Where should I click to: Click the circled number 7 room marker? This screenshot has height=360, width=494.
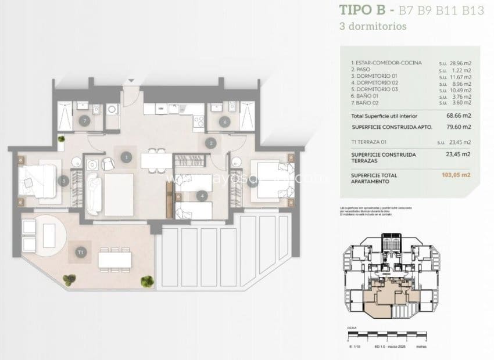[x=85, y=121]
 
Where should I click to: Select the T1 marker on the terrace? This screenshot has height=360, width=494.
[x=80, y=251]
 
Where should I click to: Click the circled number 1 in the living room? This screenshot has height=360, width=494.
[x=126, y=156]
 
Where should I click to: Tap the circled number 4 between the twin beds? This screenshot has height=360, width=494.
[x=202, y=196]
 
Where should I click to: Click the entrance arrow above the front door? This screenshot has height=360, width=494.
[x=132, y=81]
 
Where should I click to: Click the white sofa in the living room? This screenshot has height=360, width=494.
[x=95, y=195]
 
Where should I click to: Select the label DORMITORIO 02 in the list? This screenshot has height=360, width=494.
[x=374, y=84]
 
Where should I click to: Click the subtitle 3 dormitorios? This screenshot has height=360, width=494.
[x=373, y=26]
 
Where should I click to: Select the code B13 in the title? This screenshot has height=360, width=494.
[x=469, y=10]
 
